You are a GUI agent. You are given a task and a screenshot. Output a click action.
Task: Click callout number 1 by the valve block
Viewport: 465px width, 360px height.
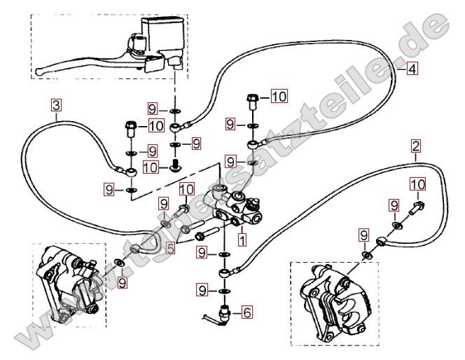pos(242,240)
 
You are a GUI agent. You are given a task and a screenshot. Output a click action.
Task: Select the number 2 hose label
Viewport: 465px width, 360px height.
pos(416,146)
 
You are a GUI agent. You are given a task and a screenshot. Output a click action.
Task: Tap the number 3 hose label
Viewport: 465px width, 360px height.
pos(56,106)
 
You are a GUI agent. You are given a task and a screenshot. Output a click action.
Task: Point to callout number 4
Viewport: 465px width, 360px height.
pos(412,69)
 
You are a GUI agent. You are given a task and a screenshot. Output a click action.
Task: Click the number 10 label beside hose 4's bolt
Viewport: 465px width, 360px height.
pos(279,96)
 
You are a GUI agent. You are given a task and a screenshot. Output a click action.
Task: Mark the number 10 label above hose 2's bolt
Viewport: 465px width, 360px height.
pos(417,184)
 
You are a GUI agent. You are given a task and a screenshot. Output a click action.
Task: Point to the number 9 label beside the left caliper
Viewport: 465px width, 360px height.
pos(123,282)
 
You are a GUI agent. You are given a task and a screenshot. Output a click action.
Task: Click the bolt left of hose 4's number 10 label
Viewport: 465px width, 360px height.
pos(254,102)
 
